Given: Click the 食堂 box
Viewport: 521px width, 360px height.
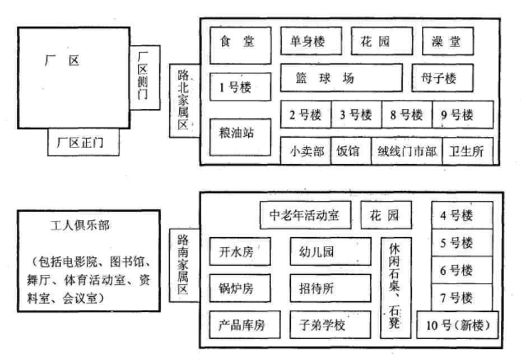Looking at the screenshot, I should click(241, 45).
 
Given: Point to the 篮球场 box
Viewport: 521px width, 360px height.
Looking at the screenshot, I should click(341, 78).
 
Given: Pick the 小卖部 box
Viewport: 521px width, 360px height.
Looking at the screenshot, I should click(305, 151).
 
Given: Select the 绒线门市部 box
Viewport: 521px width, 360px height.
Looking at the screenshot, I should click(406, 151).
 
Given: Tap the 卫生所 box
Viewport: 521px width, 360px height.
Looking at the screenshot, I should click(468, 151).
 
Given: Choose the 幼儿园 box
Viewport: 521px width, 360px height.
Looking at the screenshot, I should click(331, 251).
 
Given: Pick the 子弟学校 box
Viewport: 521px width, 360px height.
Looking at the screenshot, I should click(331, 325).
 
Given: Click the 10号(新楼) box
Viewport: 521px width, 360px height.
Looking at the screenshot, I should click(458, 325).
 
